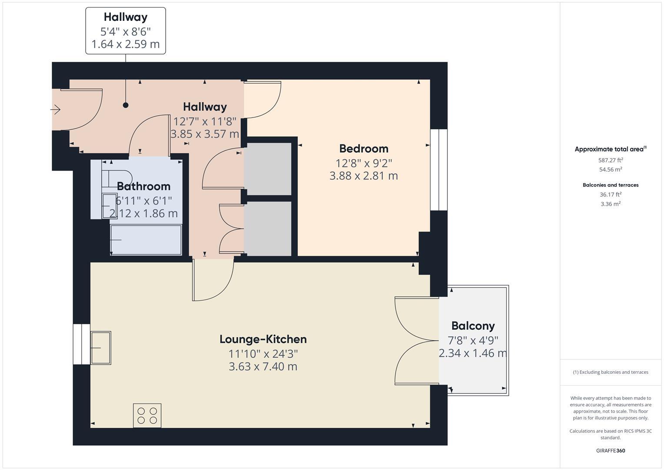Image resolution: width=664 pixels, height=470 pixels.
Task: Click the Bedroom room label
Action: (x=364, y=149)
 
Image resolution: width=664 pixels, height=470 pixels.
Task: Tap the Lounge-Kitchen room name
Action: (x=263, y=339)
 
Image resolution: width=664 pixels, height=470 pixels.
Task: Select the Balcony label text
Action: (x=473, y=326)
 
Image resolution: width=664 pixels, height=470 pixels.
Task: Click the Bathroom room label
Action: (x=143, y=186)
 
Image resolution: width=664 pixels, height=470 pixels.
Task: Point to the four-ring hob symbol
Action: (x=147, y=416)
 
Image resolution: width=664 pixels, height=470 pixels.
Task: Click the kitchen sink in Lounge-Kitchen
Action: (x=100, y=348)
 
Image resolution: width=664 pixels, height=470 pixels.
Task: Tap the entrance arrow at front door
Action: (x=56, y=110)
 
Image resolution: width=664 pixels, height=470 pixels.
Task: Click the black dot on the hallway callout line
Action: (x=126, y=105)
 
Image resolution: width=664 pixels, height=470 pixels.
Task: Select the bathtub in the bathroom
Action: (x=146, y=240)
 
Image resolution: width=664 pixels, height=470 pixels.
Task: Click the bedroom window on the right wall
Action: (x=438, y=170)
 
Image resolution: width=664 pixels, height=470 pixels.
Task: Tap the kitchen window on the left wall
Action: (x=81, y=344)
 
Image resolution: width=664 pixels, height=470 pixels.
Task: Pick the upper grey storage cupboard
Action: (x=268, y=169)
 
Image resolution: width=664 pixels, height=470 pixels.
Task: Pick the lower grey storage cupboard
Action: (x=268, y=228)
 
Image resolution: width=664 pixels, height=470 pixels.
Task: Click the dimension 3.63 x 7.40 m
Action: (x=263, y=366)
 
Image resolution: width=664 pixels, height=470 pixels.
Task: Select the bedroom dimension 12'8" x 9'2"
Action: (x=364, y=163)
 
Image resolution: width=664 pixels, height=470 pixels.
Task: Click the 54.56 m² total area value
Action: (x=610, y=170)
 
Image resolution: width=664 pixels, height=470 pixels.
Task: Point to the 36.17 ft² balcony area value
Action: (x=610, y=195)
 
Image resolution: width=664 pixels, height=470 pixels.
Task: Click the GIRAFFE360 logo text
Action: (x=610, y=450)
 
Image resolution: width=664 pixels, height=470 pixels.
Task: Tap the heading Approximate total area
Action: (x=610, y=149)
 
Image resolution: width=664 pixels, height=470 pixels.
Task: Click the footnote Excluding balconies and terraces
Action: (x=610, y=372)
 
